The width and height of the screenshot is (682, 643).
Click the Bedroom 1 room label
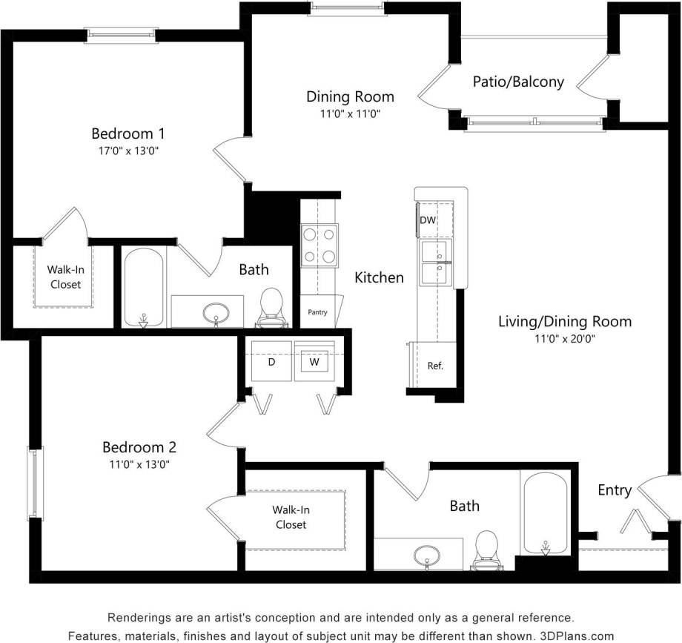pyautogui.click(x=128, y=133)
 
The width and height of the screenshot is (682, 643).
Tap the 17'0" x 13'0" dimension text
pyautogui.click(x=128, y=151)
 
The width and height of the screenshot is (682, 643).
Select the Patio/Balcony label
pyautogui.click(x=518, y=82)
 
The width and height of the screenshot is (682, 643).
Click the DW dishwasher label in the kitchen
pyautogui.click(x=428, y=220)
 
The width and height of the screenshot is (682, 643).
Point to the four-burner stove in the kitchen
pyautogui.click(x=319, y=245)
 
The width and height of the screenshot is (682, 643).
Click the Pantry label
pyautogui.click(x=317, y=312)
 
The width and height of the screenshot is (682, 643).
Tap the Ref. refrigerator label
pyautogui.click(x=435, y=366)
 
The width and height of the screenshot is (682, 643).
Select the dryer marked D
pyautogui.click(x=271, y=363)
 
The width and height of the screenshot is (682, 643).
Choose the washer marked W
pyautogui.click(x=314, y=363)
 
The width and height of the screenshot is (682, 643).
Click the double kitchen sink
pyautogui.click(x=438, y=263)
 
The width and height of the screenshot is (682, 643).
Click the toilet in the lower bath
pyautogui.click(x=486, y=550)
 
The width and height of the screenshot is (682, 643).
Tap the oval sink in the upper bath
pyautogui.click(x=216, y=311)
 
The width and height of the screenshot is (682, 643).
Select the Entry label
pyautogui.click(x=615, y=490)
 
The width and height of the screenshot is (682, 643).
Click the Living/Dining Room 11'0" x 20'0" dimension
pyautogui.click(x=565, y=338)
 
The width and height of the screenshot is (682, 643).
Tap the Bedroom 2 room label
pyautogui.click(x=139, y=447)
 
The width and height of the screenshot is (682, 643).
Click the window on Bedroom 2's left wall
pyautogui.click(x=35, y=482)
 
